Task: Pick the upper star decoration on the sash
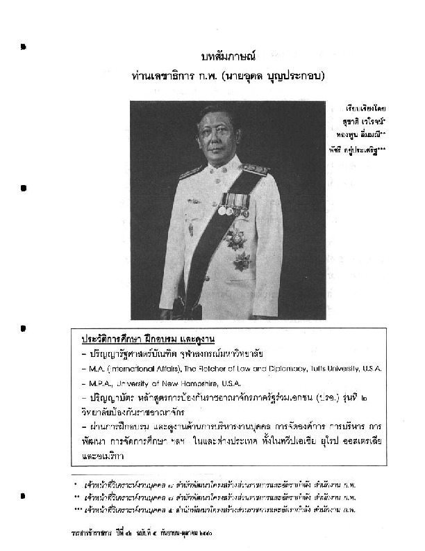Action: click(x=235, y=239)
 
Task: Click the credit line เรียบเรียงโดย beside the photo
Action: click(x=368, y=109)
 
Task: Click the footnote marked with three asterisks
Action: click(x=215, y=510)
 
